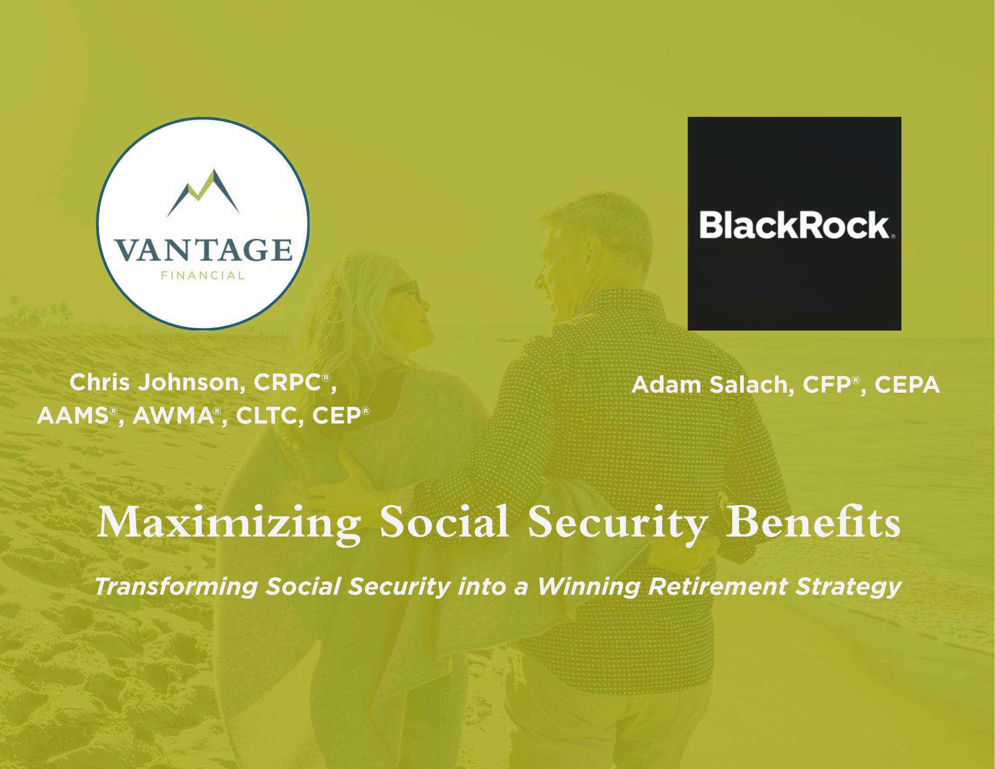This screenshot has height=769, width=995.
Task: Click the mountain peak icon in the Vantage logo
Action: tap(203, 193)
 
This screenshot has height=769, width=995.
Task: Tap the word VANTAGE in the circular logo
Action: tap(203, 250)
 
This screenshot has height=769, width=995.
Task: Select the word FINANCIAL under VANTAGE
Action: tap(203, 275)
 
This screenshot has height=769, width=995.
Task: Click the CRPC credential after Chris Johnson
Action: tap(292, 383)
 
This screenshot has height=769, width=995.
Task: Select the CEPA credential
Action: tap(907, 385)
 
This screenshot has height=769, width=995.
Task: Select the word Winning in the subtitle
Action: tap(589, 586)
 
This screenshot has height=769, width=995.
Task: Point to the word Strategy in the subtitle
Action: tap(848, 586)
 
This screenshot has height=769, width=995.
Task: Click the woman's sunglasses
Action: tap(405, 290)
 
